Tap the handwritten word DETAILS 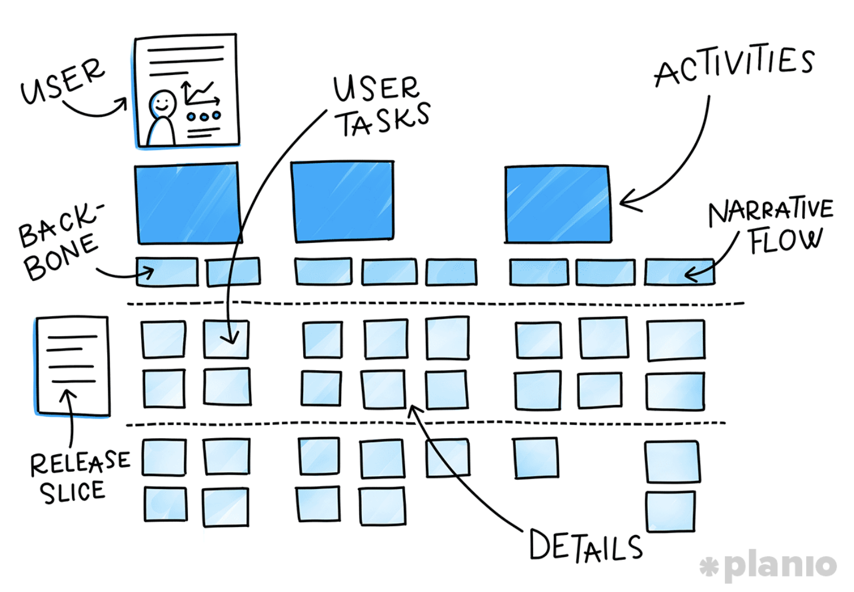click(x=585, y=547)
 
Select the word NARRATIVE click(x=770, y=211)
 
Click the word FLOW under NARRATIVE click(x=785, y=240)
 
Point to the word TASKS click(x=383, y=120)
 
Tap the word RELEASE click(x=80, y=463)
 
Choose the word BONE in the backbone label click(x=61, y=257)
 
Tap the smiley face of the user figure click(x=162, y=104)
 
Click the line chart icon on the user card click(x=199, y=93)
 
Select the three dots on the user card click(x=203, y=116)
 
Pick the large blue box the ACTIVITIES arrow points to click(x=557, y=204)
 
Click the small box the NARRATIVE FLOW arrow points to click(x=679, y=272)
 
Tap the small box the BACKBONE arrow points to click(x=167, y=272)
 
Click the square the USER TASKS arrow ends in click(x=226, y=340)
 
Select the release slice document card click(x=73, y=365)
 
